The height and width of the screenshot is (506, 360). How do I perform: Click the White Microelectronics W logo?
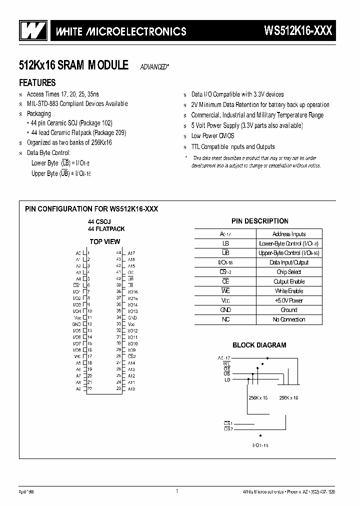coord(31,30)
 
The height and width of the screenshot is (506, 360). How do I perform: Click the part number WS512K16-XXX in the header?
coord(298,31)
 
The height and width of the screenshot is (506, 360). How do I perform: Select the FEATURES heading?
coord(37,82)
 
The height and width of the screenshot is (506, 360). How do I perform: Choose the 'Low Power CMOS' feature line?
coord(212,136)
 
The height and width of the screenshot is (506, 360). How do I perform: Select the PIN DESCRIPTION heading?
coord(259,221)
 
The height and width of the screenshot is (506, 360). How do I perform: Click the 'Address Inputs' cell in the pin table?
coord(289,234)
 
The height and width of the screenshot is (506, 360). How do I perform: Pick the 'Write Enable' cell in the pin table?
coord(289,291)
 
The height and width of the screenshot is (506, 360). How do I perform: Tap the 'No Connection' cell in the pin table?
coord(289,319)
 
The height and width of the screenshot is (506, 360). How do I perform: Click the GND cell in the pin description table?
coord(225,310)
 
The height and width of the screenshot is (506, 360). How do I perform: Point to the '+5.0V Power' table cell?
coord(289,300)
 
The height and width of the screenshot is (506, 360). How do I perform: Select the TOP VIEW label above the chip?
coord(104,241)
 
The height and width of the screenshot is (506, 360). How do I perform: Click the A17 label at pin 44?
coord(131,253)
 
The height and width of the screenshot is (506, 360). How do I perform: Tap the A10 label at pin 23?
coord(131,389)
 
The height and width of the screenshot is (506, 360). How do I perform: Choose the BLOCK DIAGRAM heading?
coord(259,345)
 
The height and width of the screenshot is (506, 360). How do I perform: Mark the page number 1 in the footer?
coord(177,491)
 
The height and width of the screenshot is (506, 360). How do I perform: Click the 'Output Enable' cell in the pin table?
coord(289,281)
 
